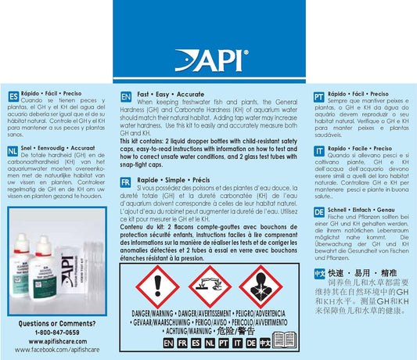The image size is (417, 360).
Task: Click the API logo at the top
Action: click(209, 59)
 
